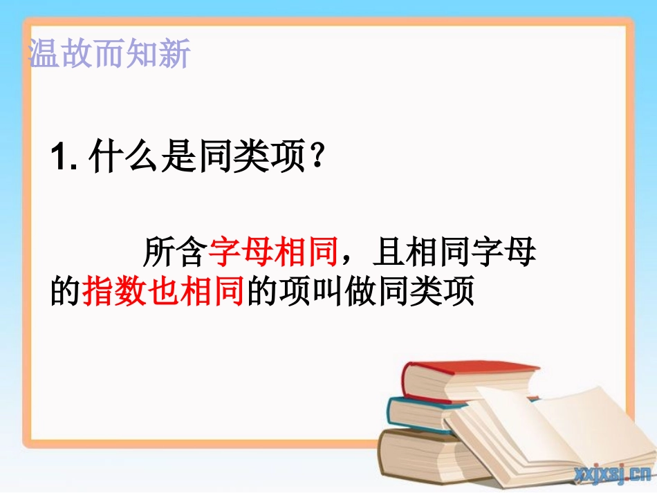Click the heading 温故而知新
(x=109, y=53)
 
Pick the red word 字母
(x=241, y=252)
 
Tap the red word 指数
(x=114, y=291)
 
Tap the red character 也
(x=163, y=291)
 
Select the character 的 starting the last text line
(x=66, y=291)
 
